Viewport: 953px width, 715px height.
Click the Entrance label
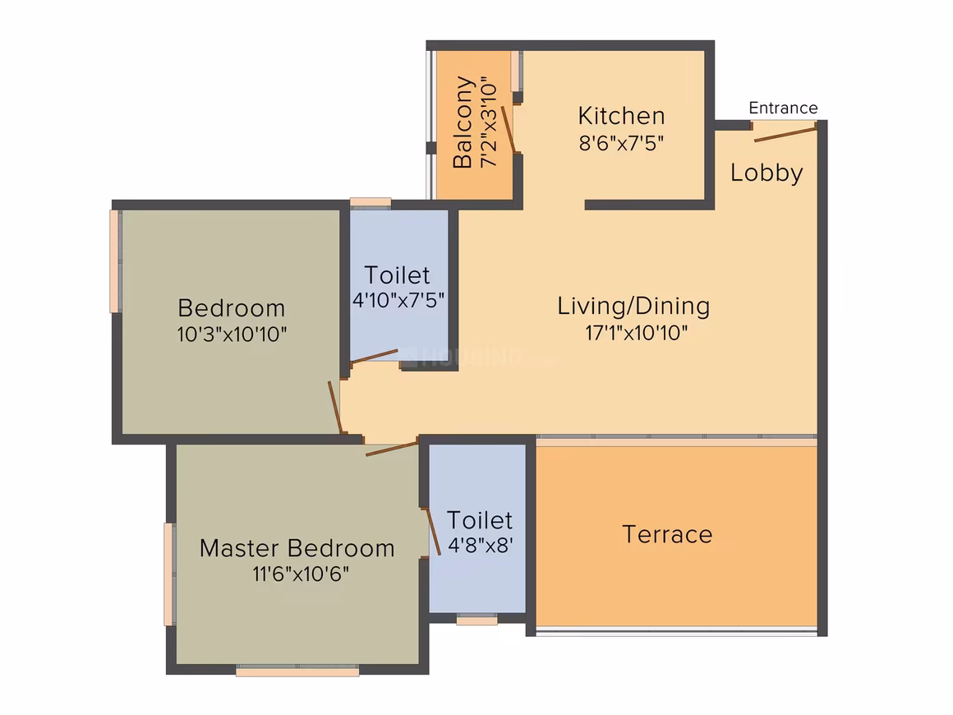(x=783, y=108)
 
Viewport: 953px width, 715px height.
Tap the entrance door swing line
(x=785, y=134)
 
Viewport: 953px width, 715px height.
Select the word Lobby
(x=767, y=173)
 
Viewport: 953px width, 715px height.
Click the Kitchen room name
(x=621, y=116)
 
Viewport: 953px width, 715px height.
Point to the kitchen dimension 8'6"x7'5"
(x=621, y=144)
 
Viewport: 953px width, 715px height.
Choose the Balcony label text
(x=463, y=122)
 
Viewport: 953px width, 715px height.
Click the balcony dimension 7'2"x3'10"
(x=490, y=122)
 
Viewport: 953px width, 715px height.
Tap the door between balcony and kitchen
(x=508, y=129)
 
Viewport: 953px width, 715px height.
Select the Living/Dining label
(x=633, y=306)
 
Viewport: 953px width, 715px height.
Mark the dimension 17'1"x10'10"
(x=637, y=333)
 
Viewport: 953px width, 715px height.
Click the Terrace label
(x=667, y=534)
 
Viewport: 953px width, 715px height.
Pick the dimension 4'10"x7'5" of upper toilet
(x=398, y=300)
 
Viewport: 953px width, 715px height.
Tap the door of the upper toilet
(x=375, y=357)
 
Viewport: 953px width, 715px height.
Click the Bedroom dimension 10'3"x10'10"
(x=232, y=334)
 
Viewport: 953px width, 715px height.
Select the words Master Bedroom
(x=297, y=548)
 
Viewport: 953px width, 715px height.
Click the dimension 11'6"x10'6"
(x=301, y=574)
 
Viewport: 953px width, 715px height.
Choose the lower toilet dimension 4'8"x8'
(x=480, y=546)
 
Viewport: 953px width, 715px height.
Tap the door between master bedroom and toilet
(x=433, y=532)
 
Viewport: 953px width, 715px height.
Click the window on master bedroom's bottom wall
(x=297, y=671)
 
